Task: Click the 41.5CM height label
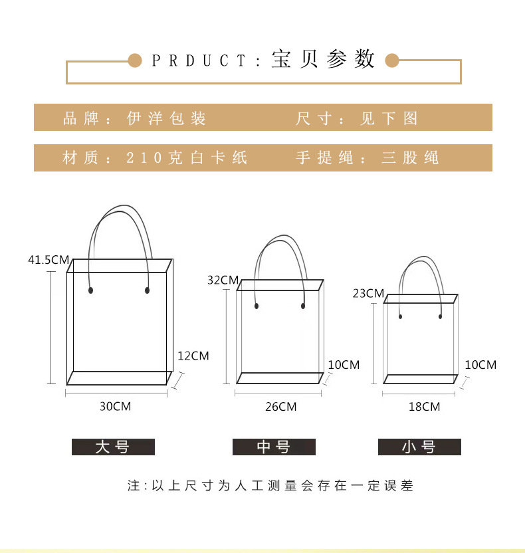click(48, 260)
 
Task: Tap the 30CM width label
click(115, 406)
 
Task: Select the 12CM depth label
click(193, 356)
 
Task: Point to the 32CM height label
click(222, 280)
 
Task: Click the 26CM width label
click(280, 407)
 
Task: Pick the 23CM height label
click(368, 294)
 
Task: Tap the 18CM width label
click(424, 407)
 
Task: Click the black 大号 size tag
click(113, 447)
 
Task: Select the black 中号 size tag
click(274, 447)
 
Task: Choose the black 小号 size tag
click(419, 447)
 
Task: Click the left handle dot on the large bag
click(90, 290)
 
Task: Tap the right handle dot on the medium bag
click(303, 306)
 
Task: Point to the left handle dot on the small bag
click(400, 317)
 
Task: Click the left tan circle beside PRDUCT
click(135, 61)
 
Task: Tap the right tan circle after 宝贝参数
click(391, 61)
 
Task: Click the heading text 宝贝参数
click(324, 60)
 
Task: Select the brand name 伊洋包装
click(167, 119)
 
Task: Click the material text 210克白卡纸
click(187, 158)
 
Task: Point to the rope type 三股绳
click(410, 158)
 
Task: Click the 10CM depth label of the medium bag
click(344, 365)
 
